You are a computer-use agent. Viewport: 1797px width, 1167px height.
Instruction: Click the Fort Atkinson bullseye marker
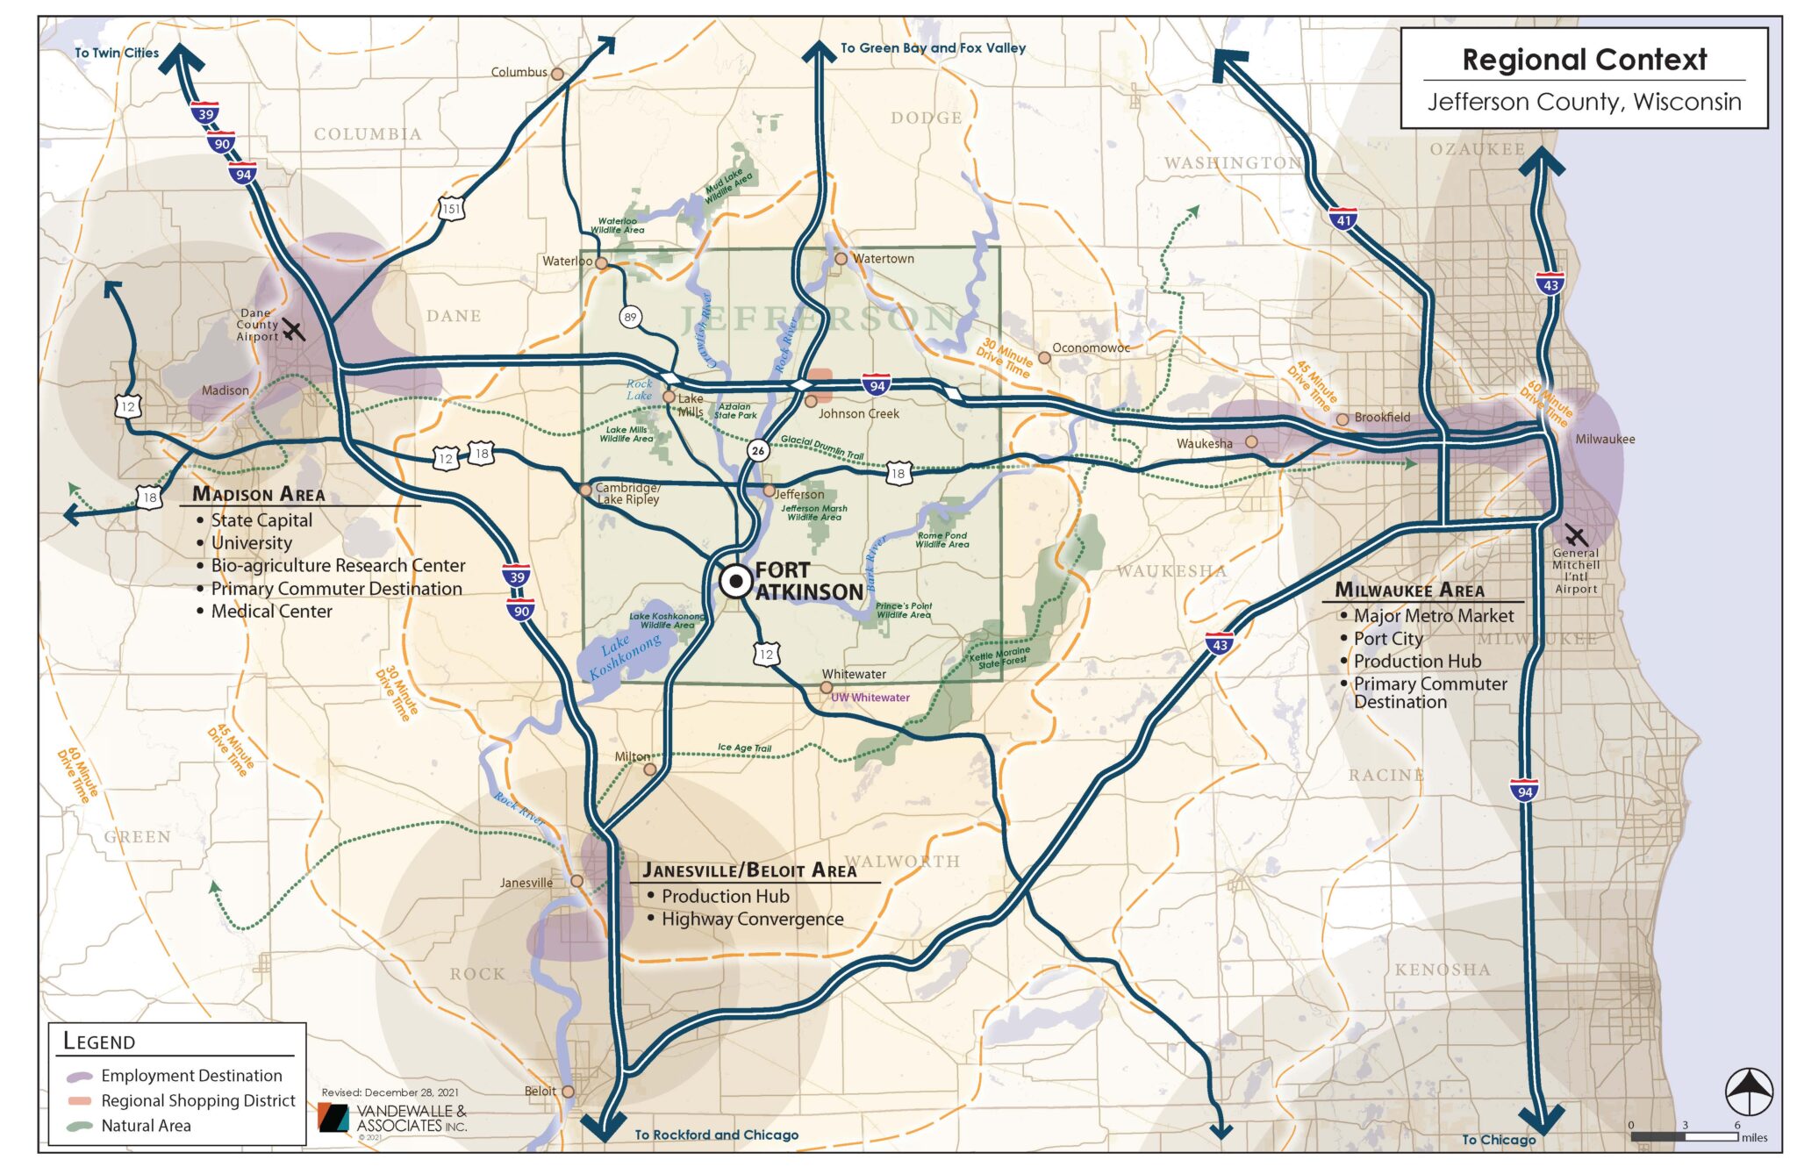point(735,581)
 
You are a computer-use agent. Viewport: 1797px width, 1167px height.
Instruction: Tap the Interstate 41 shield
point(1342,219)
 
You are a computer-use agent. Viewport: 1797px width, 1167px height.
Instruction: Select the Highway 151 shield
point(450,209)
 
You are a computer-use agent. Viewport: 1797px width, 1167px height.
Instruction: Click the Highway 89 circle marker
point(630,317)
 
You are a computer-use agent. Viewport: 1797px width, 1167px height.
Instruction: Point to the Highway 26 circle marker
point(758,451)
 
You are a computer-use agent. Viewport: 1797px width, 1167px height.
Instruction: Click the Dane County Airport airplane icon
point(293,331)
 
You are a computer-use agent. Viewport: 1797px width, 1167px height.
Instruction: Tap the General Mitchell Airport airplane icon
point(1576,535)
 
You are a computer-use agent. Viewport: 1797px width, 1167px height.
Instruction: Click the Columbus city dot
point(557,74)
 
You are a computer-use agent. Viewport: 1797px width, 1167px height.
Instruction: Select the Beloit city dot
point(568,1092)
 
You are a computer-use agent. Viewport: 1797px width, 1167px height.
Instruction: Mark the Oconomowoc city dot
point(1044,357)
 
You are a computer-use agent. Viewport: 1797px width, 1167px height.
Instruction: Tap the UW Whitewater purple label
point(870,698)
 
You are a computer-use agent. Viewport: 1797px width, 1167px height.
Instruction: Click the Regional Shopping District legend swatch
point(80,1100)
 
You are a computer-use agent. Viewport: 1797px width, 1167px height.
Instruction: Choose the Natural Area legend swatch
point(80,1126)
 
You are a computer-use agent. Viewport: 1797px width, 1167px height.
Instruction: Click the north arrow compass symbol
point(1749,1092)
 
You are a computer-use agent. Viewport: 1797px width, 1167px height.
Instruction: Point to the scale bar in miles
point(1685,1136)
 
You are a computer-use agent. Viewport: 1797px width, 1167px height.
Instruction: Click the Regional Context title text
point(1584,60)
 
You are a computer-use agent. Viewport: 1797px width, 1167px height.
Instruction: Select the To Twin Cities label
point(117,53)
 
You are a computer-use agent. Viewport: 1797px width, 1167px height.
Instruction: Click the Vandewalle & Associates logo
point(334,1118)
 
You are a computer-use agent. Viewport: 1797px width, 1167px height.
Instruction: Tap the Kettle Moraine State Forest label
point(1000,657)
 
